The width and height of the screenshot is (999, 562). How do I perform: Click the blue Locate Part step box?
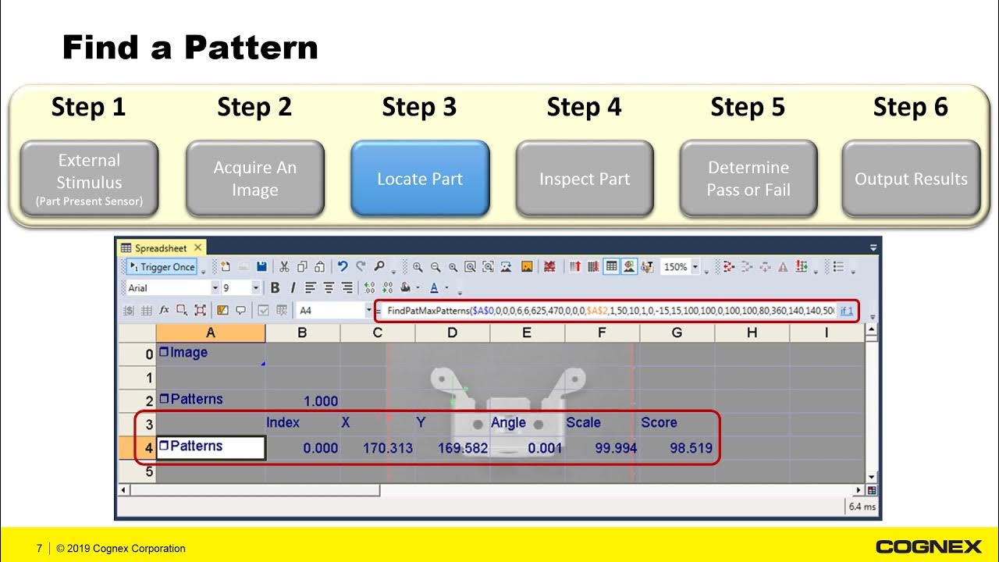pos(420,179)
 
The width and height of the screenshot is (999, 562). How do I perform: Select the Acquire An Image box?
pos(254,179)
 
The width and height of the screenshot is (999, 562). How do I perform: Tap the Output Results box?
pos(911,179)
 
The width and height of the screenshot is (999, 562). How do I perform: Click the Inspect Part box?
pos(585,179)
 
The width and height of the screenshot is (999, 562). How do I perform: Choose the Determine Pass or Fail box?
pos(748,179)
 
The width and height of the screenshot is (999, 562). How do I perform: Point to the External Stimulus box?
pos(89,179)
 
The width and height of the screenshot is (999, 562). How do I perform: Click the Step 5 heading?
pos(747,108)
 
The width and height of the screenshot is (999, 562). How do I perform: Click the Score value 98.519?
pos(691,448)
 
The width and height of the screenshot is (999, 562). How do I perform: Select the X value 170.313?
pos(388,448)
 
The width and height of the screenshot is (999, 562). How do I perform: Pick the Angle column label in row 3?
pos(508,422)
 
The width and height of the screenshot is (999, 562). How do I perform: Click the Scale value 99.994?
pos(615,448)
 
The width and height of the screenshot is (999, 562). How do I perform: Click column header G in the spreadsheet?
pos(677,333)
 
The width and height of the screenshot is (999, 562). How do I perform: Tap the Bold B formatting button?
pos(275,288)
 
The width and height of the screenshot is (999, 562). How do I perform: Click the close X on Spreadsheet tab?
pos(197,248)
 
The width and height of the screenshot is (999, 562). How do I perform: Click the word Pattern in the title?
pos(251,48)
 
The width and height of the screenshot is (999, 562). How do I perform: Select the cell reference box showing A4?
pos(331,311)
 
